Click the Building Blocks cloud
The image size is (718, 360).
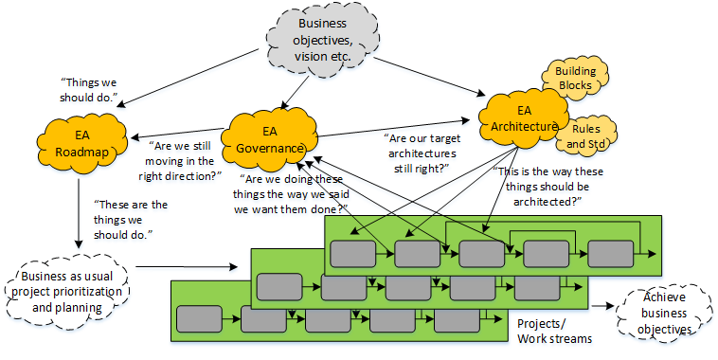[x=574, y=78]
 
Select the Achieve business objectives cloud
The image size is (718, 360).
[x=662, y=310]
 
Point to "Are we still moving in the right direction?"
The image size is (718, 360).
[x=186, y=157]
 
